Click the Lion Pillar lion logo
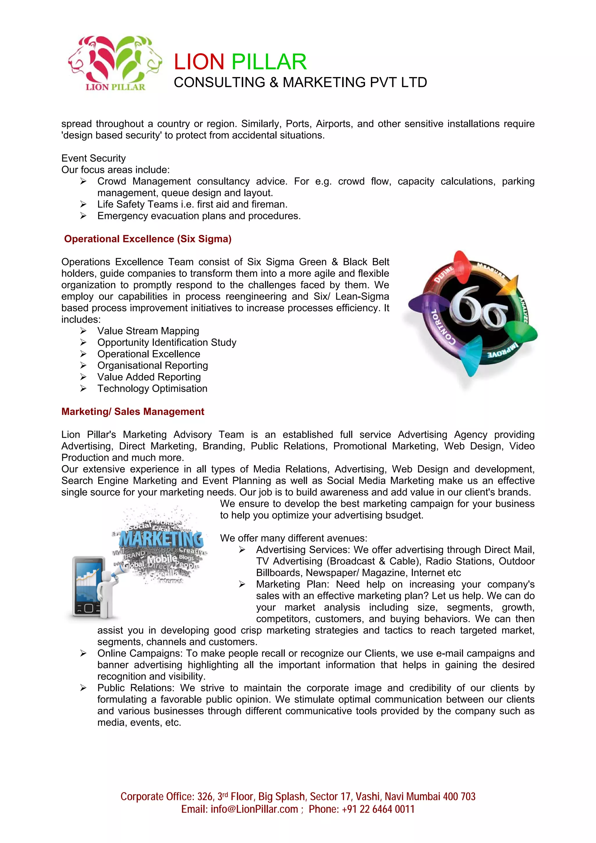[x=115, y=62]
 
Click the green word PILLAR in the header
[x=269, y=62]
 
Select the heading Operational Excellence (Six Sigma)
[x=148, y=239]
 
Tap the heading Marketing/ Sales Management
[x=133, y=411]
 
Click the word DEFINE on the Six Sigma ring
[x=444, y=274]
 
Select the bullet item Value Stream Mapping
[x=148, y=331]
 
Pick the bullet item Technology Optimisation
[x=152, y=388]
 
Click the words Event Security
[x=93, y=158]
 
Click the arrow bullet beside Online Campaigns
[x=83, y=653]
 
